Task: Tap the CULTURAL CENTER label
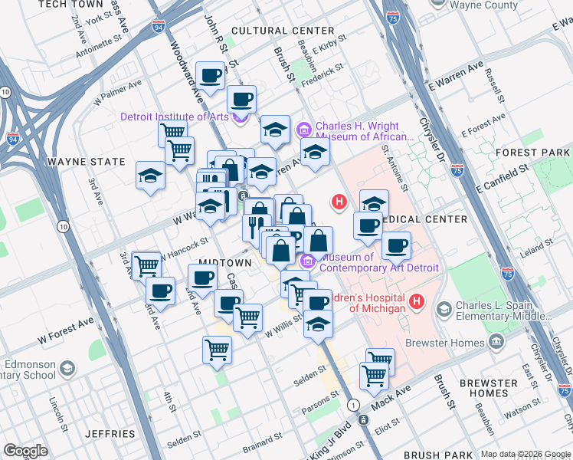pyautogui.click(x=272, y=31)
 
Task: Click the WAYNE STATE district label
pyautogui.click(x=86, y=162)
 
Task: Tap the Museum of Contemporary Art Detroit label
pyautogui.click(x=378, y=262)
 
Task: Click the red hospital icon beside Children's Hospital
pyautogui.click(x=417, y=301)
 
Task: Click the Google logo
pyautogui.click(x=26, y=451)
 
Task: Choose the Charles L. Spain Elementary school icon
pyautogui.click(x=444, y=309)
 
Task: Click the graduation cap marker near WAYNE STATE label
pyautogui.click(x=151, y=176)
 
